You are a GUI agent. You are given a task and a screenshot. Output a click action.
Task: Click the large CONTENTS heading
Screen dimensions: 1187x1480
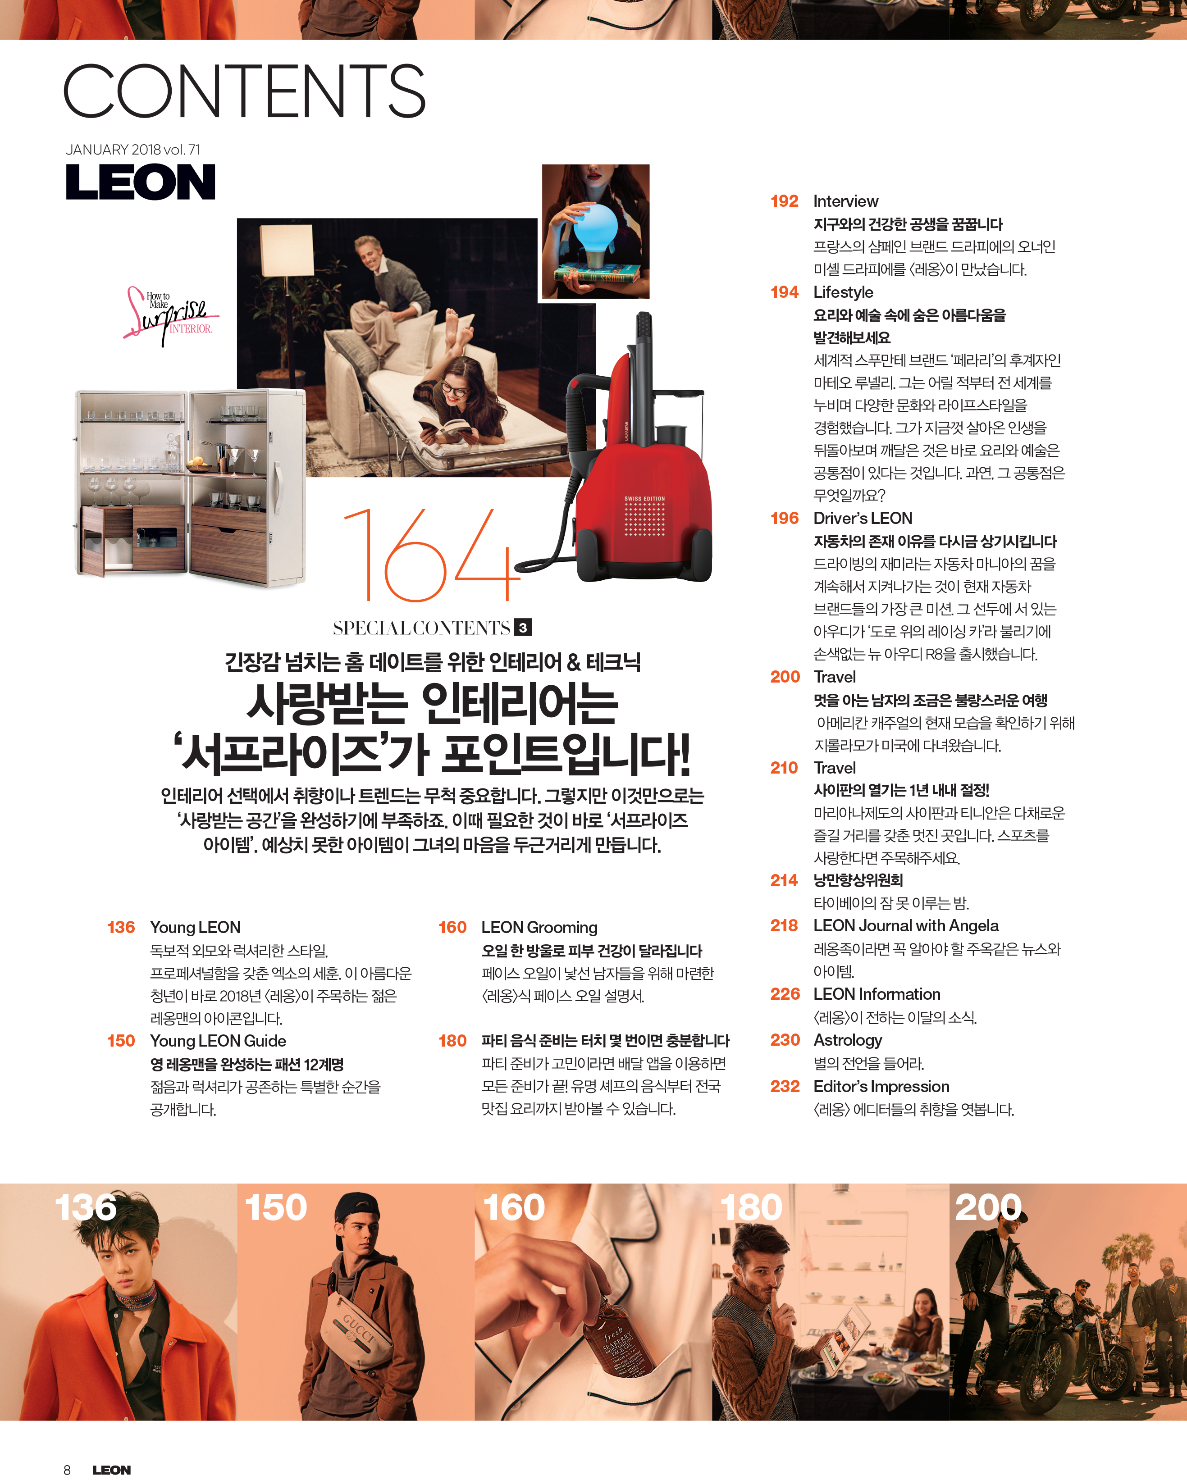[x=244, y=91]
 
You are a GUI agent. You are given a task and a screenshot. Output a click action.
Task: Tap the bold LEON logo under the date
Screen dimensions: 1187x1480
[x=141, y=182]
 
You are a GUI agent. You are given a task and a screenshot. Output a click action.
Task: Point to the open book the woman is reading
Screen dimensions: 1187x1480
[x=446, y=432]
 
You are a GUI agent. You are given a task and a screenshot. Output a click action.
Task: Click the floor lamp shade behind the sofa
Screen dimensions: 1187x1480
[x=287, y=250]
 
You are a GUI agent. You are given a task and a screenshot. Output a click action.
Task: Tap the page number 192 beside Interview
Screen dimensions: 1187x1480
[x=785, y=201]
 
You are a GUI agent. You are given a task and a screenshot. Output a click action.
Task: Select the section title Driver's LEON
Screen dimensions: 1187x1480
[x=863, y=518]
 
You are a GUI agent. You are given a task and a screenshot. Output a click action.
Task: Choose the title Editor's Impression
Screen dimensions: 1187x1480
[x=881, y=1087]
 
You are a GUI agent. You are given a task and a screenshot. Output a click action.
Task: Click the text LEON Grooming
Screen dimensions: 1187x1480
[x=539, y=927]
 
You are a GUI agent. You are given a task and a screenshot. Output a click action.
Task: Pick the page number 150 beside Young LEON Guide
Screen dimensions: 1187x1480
[x=121, y=1041]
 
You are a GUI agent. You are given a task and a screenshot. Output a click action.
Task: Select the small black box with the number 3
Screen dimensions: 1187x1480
[x=523, y=628]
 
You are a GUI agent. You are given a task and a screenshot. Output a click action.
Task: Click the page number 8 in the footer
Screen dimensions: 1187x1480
[x=67, y=1469]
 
